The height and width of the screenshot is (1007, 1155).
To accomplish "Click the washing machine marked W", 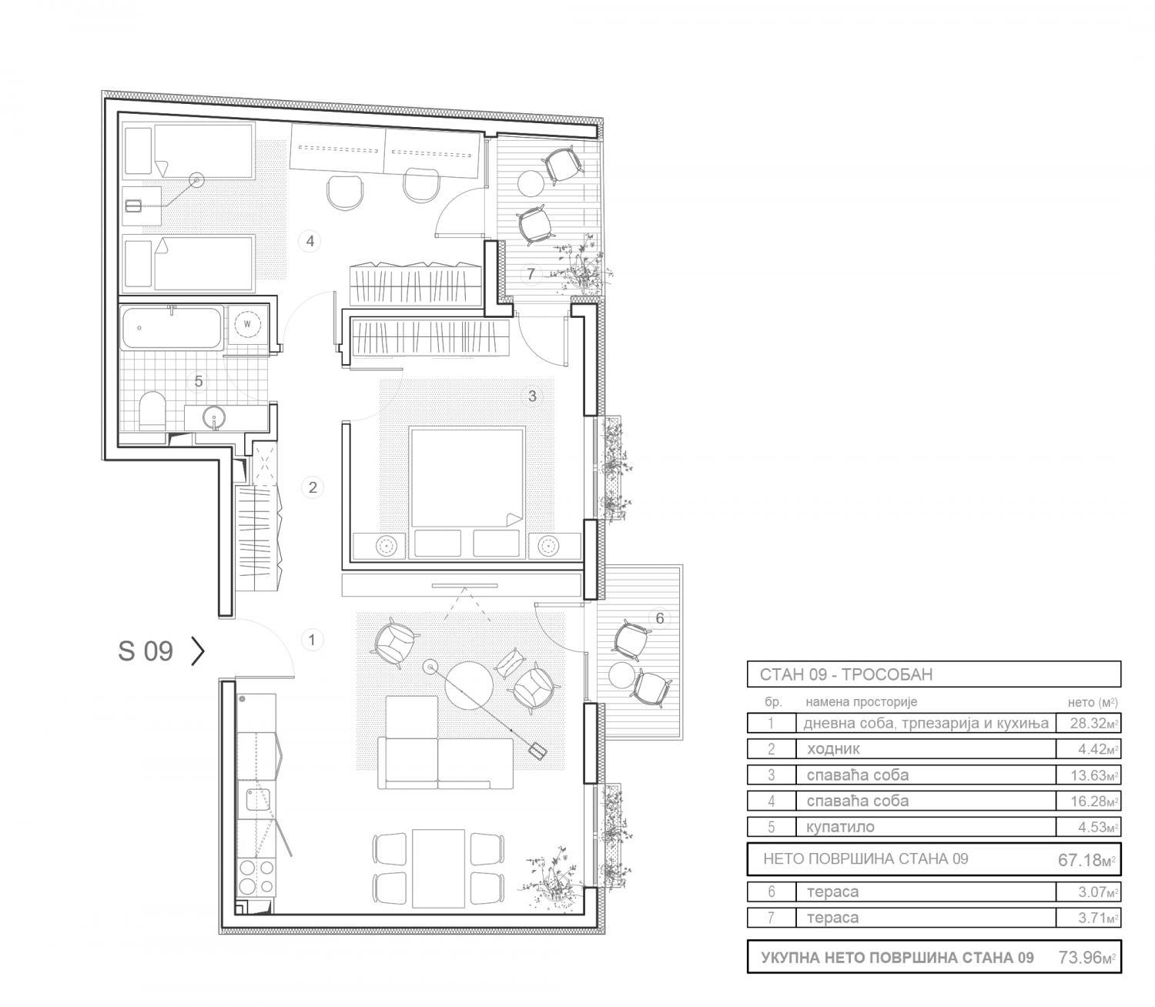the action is click(x=246, y=324).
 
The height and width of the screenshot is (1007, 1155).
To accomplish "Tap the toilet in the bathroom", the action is click(x=151, y=410).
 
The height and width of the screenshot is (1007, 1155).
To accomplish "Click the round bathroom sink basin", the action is click(x=215, y=418).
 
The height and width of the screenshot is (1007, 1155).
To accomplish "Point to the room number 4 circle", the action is click(x=310, y=242).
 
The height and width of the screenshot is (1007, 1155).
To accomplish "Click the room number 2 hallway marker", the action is click(x=313, y=487).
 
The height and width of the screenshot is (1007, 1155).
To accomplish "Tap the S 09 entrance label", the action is click(x=145, y=651).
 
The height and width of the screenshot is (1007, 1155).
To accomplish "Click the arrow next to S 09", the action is click(x=198, y=651).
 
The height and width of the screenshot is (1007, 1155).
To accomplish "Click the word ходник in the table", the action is click(x=833, y=749).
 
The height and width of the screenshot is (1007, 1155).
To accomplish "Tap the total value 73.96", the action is click(x=1087, y=958).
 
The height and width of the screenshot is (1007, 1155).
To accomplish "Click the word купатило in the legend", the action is click(x=841, y=827).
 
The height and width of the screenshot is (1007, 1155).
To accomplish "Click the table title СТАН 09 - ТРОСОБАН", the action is click(x=846, y=674).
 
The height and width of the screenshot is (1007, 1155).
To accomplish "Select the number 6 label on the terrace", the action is click(x=660, y=618).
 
